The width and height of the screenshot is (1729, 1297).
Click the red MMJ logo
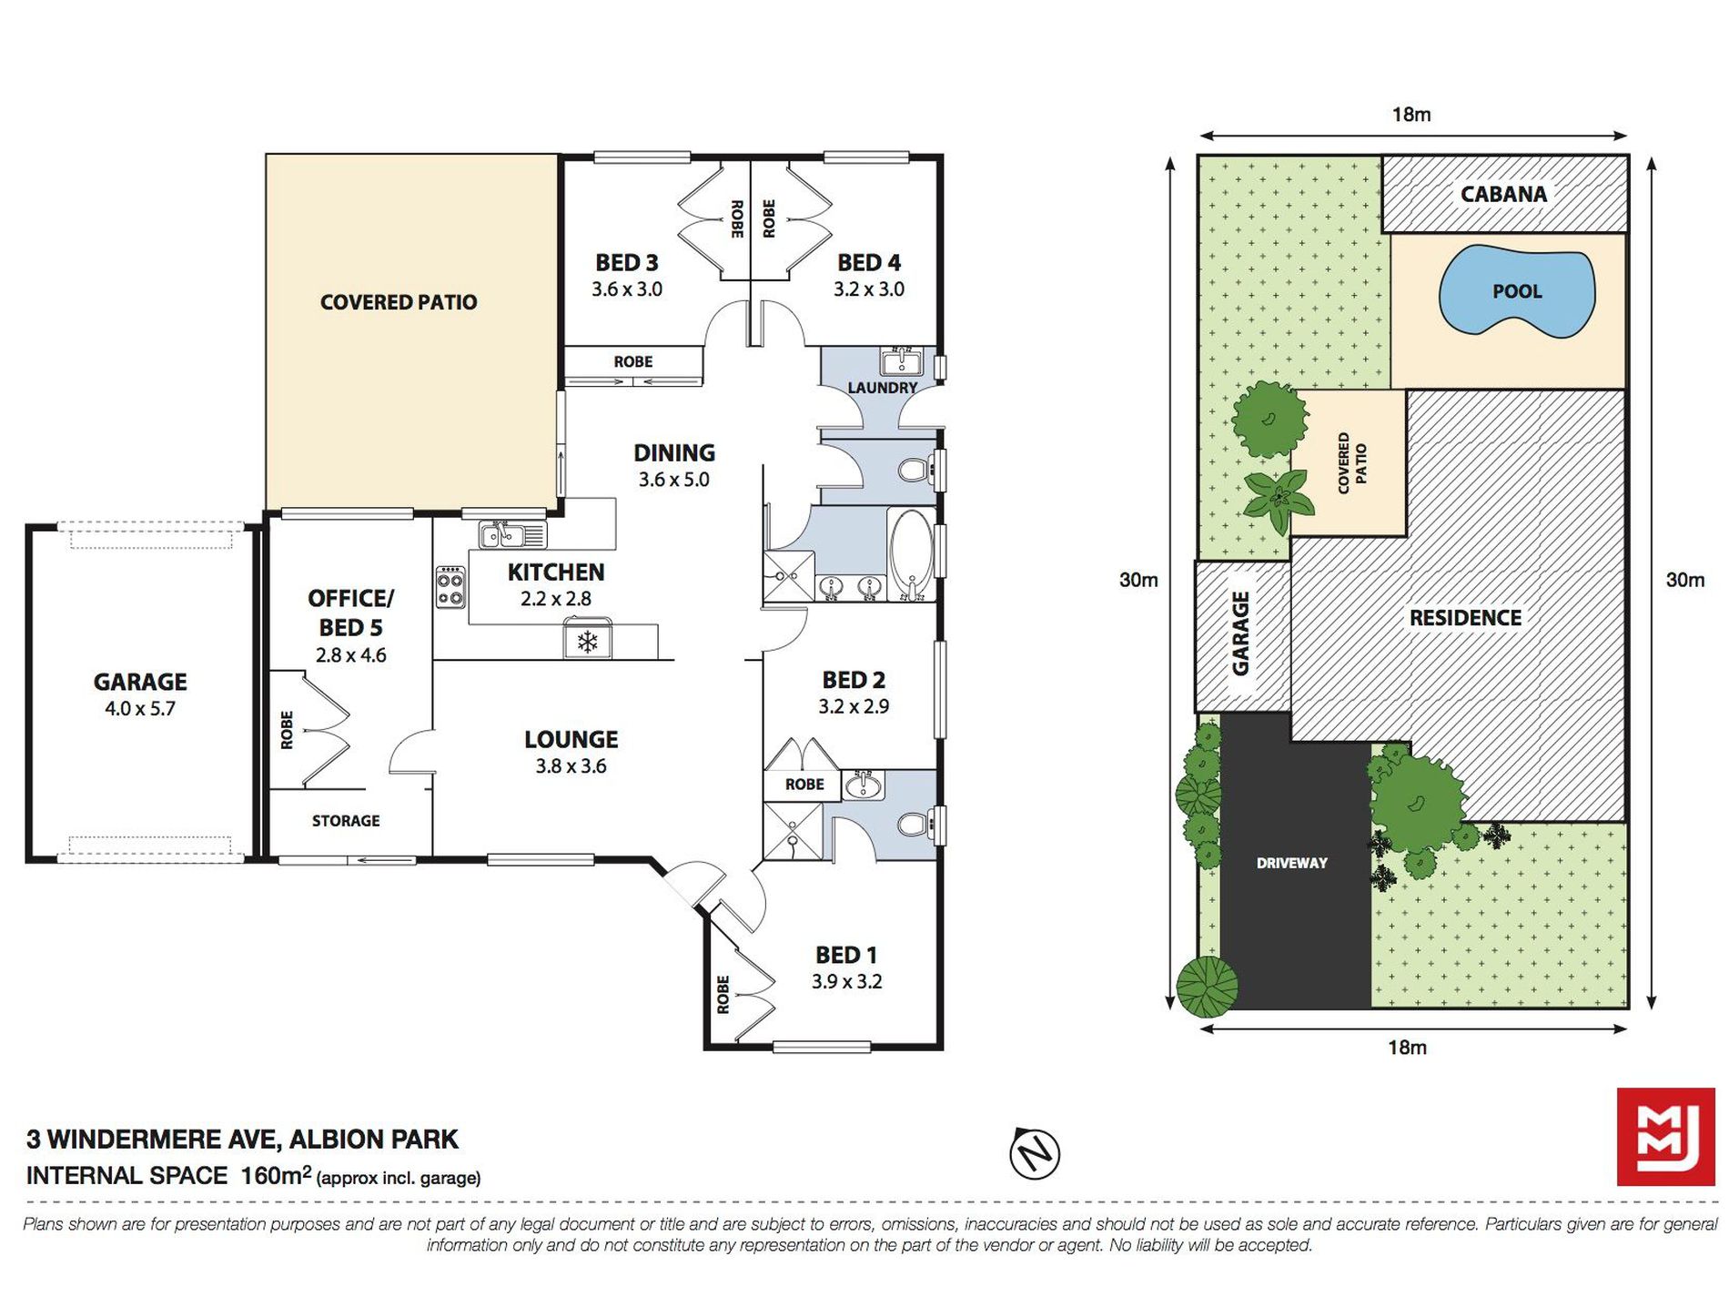click(x=1664, y=1137)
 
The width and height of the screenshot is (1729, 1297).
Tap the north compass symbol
click(x=1035, y=1153)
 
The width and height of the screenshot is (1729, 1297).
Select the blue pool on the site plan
click(x=1516, y=291)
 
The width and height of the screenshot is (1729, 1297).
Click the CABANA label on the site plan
click(x=1503, y=194)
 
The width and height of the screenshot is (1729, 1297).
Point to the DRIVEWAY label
click(x=1291, y=863)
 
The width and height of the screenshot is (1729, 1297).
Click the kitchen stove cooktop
click(x=450, y=587)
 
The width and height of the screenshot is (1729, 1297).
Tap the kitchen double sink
click(x=511, y=533)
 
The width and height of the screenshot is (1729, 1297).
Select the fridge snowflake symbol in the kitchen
click(x=587, y=642)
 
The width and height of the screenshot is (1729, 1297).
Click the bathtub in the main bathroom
click(x=911, y=554)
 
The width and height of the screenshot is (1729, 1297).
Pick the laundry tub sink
click(x=902, y=362)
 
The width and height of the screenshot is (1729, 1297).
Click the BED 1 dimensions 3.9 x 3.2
click(x=846, y=981)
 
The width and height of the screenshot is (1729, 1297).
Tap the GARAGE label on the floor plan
click(x=140, y=682)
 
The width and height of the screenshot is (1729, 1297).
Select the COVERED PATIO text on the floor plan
click(x=399, y=302)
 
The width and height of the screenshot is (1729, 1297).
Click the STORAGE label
click(x=346, y=821)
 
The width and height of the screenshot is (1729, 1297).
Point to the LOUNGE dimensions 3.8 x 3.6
click(x=571, y=766)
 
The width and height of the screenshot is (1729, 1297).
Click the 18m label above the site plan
click(x=1411, y=115)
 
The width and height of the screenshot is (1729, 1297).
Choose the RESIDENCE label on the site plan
click(x=1465, y=618)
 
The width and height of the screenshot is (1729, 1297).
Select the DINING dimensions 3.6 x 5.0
click(x=673, y=480)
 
